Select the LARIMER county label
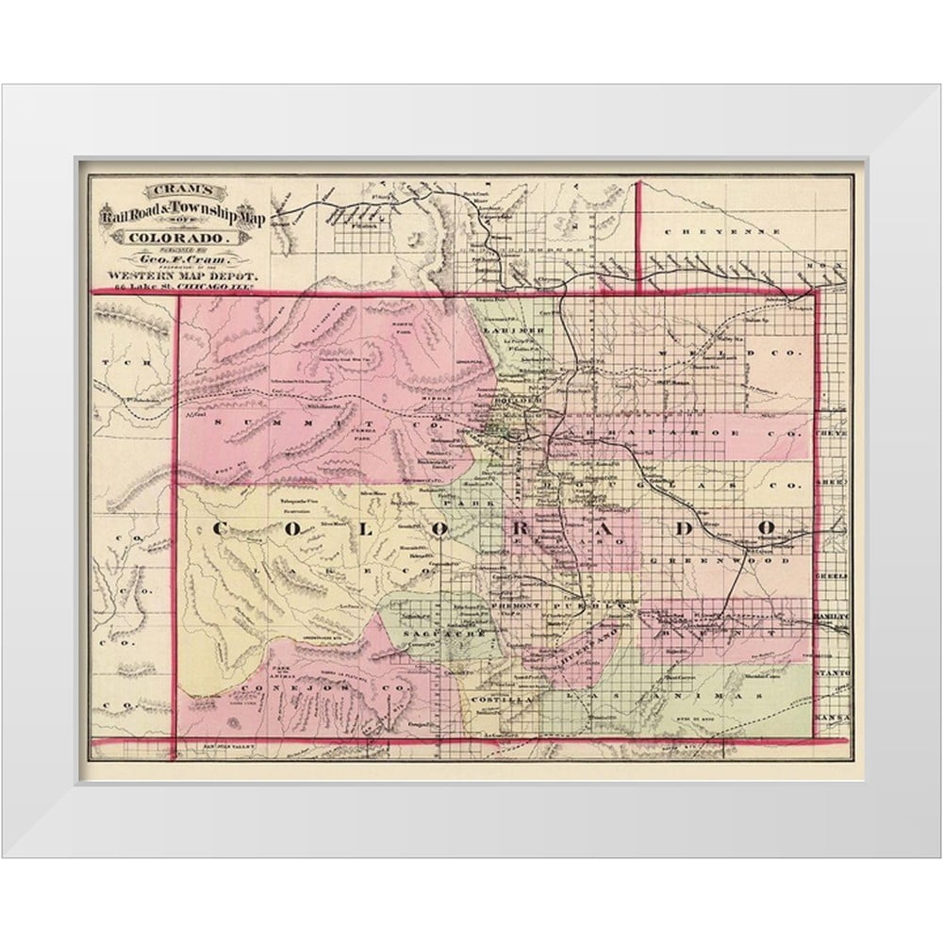tap(518, 332)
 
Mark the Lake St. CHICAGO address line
tap(179, 286)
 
